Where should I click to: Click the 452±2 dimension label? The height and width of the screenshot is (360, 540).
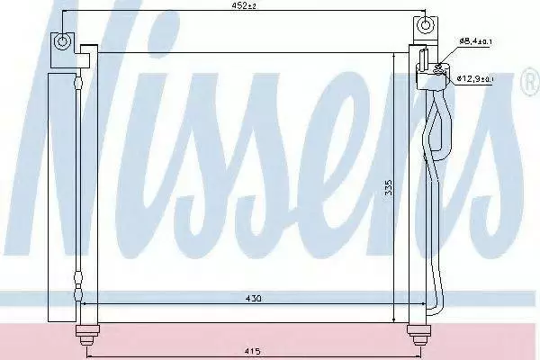244,5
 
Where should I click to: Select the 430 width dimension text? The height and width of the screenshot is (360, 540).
253,298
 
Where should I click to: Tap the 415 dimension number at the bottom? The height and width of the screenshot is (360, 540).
253,351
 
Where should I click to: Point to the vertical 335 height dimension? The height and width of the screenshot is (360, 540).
389,187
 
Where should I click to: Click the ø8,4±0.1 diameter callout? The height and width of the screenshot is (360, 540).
475,41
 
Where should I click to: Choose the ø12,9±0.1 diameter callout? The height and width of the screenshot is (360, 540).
475,78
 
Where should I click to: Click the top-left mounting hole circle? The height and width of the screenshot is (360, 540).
62,41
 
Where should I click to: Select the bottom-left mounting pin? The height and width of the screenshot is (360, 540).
87,335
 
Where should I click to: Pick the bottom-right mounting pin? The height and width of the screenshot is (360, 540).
418,335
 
